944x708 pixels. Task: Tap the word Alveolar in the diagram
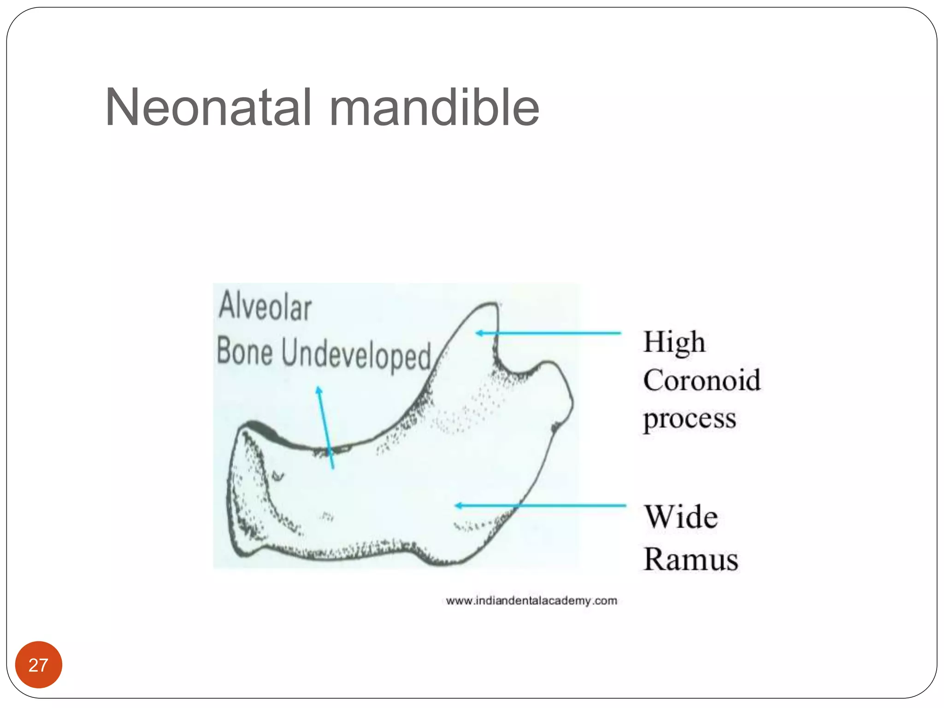point(265,307)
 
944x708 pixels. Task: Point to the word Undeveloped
point(356,355)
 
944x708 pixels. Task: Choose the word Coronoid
point(702,381)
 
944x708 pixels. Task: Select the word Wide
point(681,517)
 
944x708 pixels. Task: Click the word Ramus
point(690,560)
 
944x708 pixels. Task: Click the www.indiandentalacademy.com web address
point(531,601)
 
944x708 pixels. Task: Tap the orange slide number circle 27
point(39,665)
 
